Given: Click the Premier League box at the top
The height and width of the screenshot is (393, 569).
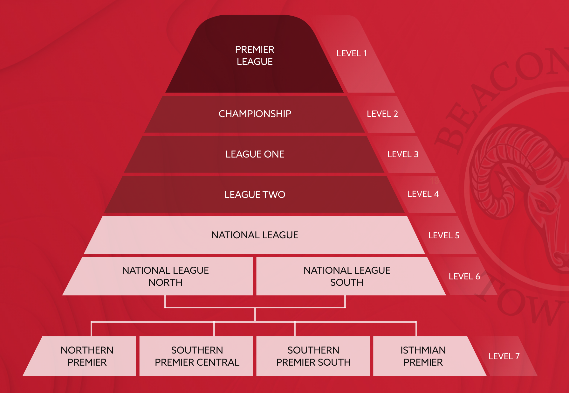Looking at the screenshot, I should tap(255, 55).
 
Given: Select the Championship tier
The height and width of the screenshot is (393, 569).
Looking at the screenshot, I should tap(255, 114).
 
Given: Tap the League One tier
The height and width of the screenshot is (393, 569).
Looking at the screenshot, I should tap(255, 154).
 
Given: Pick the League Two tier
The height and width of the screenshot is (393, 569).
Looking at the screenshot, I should tap(255, 194).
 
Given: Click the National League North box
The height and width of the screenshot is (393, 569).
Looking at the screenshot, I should tap(165, 276).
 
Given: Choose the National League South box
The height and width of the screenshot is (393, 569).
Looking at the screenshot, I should tap(346, 276).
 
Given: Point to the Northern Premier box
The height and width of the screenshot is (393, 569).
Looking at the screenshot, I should tap(87, 356).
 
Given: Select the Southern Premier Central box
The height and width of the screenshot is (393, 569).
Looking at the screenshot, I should tap(197, 356).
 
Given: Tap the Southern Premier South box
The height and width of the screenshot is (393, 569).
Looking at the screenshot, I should tap(313, 356).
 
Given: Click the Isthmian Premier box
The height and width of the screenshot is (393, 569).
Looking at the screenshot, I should tap(423, 356).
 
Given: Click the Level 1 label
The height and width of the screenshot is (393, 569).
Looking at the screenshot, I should tap(352, 53).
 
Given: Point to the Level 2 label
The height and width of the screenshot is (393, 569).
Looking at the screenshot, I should tap(382, 114).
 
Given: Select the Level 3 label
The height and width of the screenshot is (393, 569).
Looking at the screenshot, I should tap(402, 154).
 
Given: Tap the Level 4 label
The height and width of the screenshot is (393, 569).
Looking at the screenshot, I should tap(423, 194).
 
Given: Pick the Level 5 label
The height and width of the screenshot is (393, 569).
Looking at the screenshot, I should tap(443, 235).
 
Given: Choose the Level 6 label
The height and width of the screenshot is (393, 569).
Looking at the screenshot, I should tap(464, 277).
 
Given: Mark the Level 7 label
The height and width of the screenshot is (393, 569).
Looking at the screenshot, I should tap(504, 356).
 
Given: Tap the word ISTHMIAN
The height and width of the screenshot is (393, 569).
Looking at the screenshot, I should tap(423, 350).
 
